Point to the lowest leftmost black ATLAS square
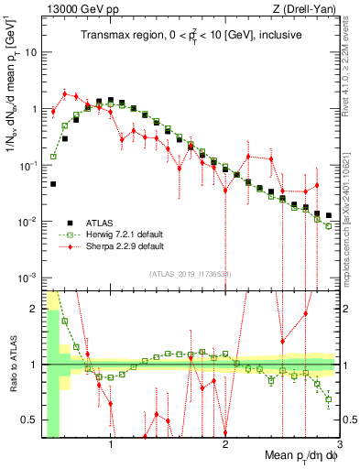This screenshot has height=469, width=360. coord(53,184)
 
